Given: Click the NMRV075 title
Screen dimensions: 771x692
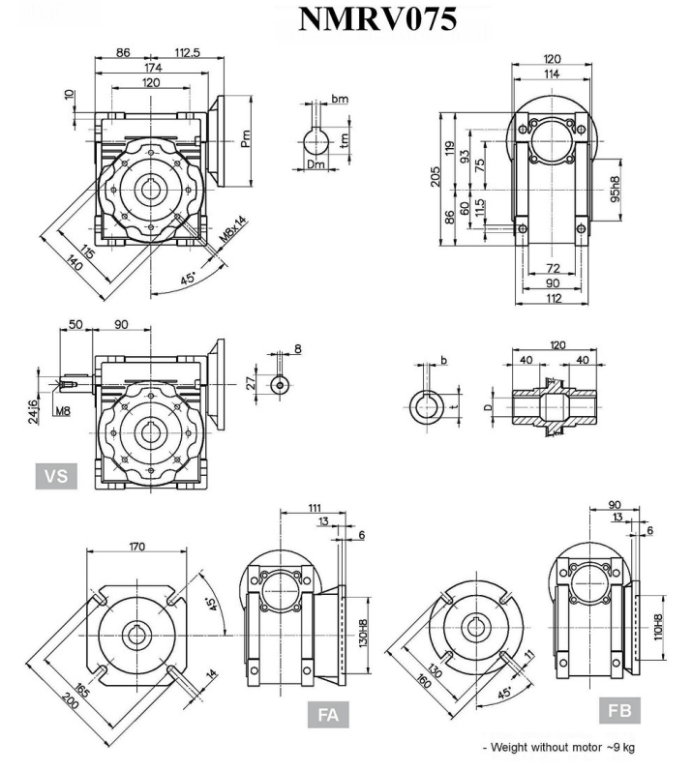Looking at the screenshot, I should [x=376, y=19].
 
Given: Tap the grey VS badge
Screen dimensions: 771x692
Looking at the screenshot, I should [x=57, y=476].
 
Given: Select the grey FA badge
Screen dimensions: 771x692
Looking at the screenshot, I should [x=328, y=716].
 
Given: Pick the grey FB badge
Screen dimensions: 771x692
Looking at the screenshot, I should [x=619, y=711].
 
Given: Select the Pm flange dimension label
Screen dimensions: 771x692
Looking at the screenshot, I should [x=248, y=138].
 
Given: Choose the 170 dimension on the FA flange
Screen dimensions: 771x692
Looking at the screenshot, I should [x=136, y=548].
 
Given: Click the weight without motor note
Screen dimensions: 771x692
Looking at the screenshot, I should [x=558, y=747].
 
